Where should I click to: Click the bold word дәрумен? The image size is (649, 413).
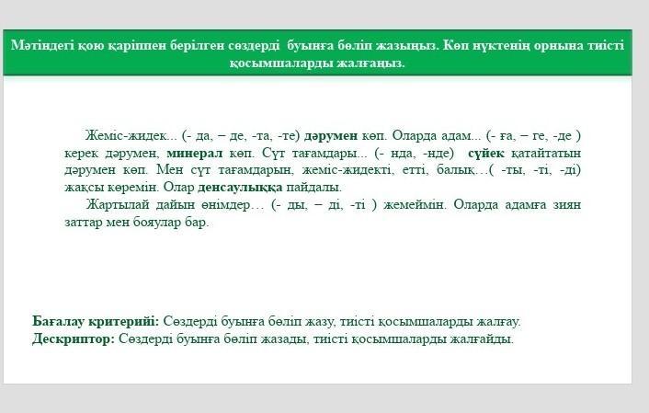coord(331,136)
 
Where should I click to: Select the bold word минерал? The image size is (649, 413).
coord(195,154)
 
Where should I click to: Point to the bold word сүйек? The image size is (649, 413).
coord(486,154)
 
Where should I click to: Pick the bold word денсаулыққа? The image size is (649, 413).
coord(240,188)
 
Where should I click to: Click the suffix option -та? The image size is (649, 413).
coord(259,136)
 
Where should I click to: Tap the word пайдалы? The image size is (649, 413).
coord(313,188)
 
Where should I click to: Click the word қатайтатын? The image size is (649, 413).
coord(546,154)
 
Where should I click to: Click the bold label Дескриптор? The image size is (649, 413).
coord(74,338)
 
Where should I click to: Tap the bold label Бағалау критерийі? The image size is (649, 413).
coord(96,321)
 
